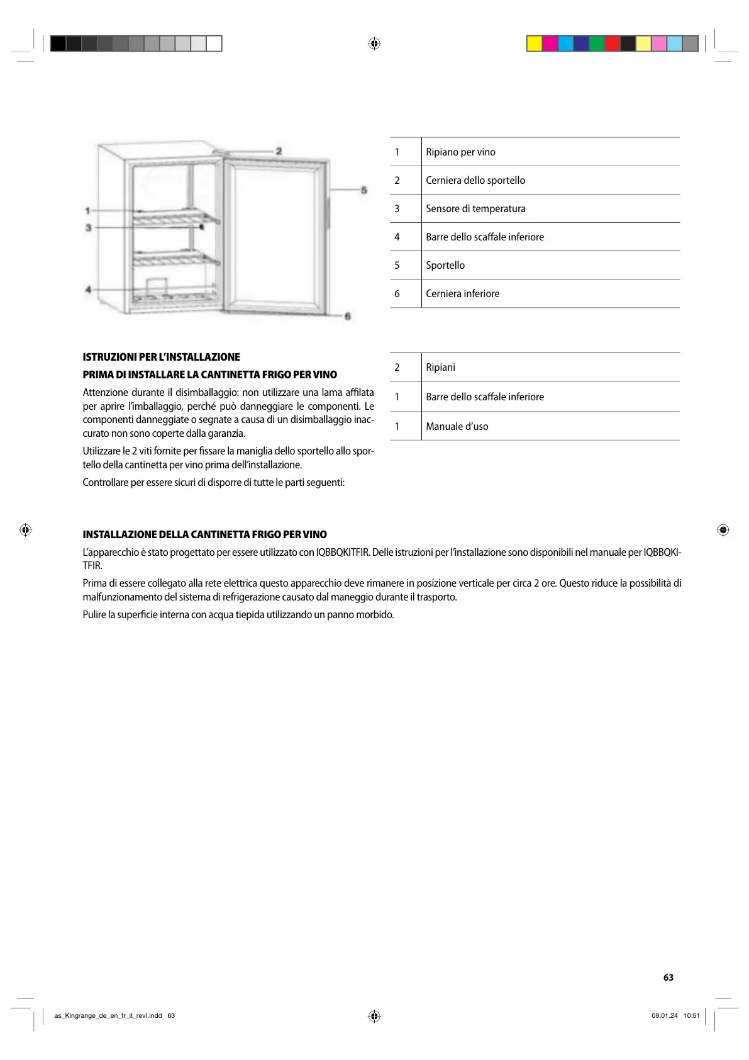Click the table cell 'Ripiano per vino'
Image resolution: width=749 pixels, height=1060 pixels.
pos(460,152)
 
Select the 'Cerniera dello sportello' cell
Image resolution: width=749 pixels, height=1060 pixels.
pos(475,180)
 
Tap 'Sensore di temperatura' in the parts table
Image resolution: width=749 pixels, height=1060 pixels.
pos(475,208)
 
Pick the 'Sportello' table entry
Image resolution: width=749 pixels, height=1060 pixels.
pos(445,265)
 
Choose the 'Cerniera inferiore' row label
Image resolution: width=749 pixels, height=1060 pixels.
pos(462,293)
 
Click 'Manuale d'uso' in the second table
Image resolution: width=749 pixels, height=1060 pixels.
pos(457,426)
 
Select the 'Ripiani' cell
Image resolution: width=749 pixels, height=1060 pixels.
pos(440,367)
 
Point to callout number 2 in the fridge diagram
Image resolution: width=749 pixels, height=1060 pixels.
pos(279,151)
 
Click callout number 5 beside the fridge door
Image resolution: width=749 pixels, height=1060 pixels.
pos(363,190)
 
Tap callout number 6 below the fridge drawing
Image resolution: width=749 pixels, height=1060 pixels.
pos(348,316)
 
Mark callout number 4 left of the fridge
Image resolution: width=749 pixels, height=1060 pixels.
pos(89,290)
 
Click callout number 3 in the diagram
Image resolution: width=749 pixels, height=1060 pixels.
pos(89,227)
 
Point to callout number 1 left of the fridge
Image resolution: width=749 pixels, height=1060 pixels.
pos(89,210)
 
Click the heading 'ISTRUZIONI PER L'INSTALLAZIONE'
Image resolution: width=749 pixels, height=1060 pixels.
pos(161,357)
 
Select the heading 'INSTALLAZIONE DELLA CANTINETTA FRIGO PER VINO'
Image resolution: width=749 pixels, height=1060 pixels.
pos(204,534)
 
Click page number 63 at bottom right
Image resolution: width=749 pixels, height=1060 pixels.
pos(668,978)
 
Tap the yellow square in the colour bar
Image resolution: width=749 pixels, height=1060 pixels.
pos(535,43)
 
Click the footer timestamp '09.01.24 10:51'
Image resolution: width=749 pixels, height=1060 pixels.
pos(675,1015)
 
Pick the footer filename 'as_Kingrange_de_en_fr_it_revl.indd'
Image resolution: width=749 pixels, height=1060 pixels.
pos(108,1015)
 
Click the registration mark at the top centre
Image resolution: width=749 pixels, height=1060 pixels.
pos(374,43)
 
